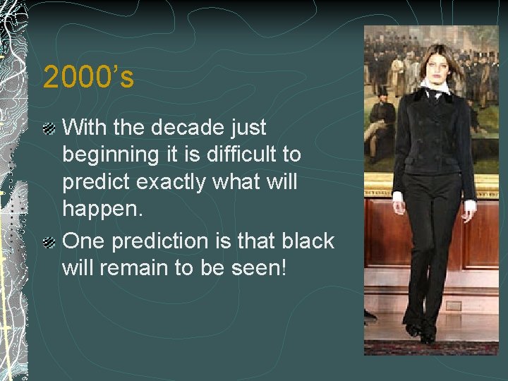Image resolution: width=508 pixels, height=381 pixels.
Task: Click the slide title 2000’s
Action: click(88, 77)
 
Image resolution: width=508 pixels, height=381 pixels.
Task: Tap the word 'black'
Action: click(307, 241)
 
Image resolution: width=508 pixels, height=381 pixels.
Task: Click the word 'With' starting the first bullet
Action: click(84, 128)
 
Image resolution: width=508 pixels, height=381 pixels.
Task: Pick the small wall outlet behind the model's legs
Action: click(453, 306)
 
